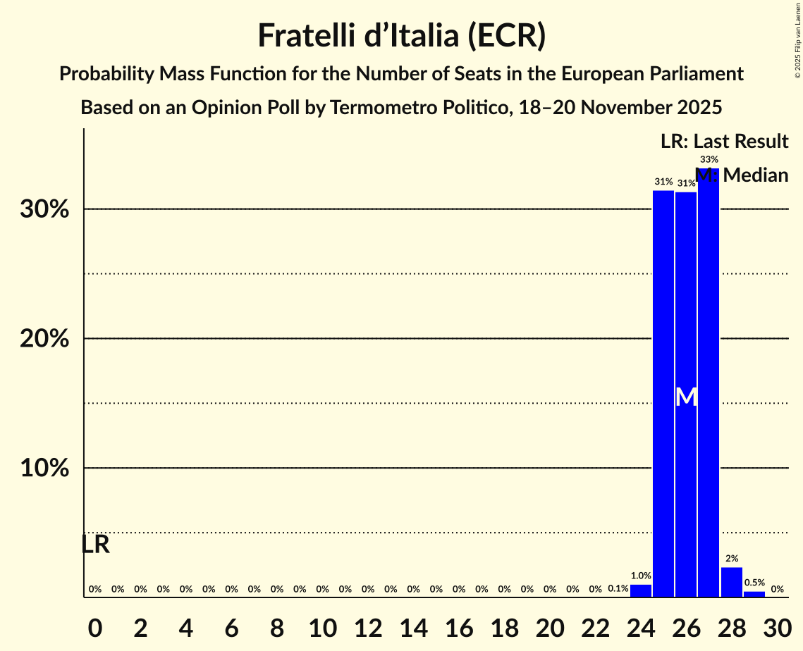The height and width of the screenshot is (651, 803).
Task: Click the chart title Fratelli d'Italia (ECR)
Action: click(x=401, y=35)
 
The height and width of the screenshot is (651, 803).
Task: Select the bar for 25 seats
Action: click(x=663, y=394)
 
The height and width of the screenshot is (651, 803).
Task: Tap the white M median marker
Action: click(x=686, y=397)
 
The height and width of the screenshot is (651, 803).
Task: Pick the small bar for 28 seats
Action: click(x=732, y=582)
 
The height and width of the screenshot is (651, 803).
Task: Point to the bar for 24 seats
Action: click(x=641, y=590)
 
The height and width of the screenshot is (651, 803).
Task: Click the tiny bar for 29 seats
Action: click(x=754, y=594)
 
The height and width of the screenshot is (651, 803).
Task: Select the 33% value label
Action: click(x=709, y=160)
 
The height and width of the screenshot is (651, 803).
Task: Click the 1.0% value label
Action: click(x=641, y=576)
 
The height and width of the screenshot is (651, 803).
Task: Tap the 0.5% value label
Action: click(x=754, y=583)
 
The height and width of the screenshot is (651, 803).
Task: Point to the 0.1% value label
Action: click(x=618, y=588)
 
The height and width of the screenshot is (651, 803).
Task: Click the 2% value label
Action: click(x=732, y=559)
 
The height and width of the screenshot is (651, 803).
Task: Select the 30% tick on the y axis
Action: click(x=44, y=209)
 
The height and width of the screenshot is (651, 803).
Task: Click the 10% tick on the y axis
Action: click(x=44, y=468)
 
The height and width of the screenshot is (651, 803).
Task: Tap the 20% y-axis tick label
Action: click(x=44, y=339)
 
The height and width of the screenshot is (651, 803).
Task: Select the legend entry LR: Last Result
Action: click(x=724, y=142)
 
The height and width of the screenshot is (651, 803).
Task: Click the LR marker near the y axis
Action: click(x=95, y=545)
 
